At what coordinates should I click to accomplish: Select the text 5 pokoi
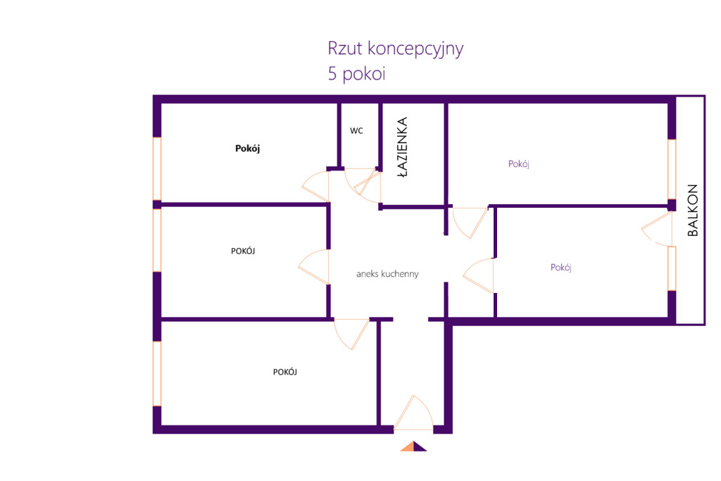pos(356,74)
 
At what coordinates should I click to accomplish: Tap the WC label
pos(356,131)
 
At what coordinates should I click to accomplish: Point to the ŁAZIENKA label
pos(402,149)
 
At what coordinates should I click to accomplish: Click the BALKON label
pos(692,210)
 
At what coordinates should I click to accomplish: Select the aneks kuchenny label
pos(387,274)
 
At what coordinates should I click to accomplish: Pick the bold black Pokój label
pos(248,149)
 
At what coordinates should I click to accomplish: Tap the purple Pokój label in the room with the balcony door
pos(560,268)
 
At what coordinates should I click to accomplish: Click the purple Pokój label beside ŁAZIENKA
pos(518,164)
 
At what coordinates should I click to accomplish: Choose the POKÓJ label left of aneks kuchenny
pos(242,251)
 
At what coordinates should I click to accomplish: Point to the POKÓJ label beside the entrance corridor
pos(284,372)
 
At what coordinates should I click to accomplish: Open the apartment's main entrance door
pos(413,415)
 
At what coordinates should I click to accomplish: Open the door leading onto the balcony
pos(655,227)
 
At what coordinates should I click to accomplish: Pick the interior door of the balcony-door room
pos(479,275)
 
